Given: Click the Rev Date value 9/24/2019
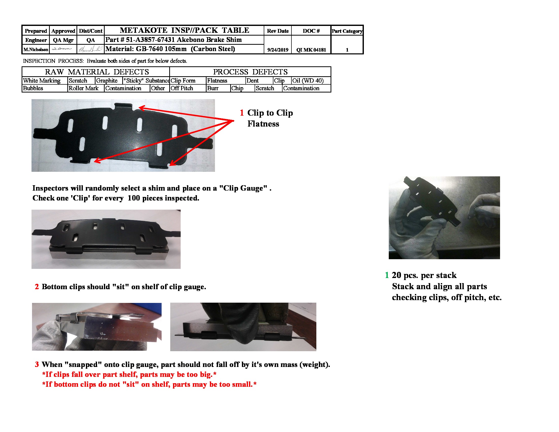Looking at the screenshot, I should (278, 50).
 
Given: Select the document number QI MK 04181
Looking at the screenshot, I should (311, 50).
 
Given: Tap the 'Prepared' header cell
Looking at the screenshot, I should (36, 31).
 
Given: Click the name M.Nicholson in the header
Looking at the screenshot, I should (36, 50).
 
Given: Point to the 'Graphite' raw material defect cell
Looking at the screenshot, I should (107, 81).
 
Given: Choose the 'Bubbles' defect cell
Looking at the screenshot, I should (33, 88).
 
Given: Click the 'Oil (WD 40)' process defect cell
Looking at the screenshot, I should (308, 81).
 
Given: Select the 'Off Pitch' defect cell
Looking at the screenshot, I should (182, 88).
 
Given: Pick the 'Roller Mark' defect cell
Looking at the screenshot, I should (83, 88).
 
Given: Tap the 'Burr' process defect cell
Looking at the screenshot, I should (213, 88).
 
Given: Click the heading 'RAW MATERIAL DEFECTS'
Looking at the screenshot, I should (97, 72).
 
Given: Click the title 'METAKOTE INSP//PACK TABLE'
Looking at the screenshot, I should (184, 30).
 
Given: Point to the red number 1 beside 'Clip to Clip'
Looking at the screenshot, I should (242, 113).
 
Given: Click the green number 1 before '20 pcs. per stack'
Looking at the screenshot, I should (387, 275).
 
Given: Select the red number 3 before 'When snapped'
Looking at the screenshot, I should (37, 364).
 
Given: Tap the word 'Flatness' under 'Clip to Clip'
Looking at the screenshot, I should (263, 124).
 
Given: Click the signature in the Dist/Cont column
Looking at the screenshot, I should (91, 49).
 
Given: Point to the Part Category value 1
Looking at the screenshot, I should (347, 50).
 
